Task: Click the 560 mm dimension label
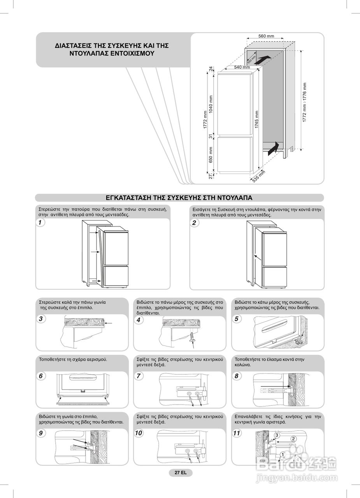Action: (x=266, y=36)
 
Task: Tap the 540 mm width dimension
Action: (x=242, y=67)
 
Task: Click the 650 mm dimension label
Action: (x=211, y=155)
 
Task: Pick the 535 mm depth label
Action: (x=258, y=176)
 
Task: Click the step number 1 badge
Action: (x=40, y=223)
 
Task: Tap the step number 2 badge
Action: (x=194, y=223)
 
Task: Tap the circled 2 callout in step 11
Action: (x=294, y=439)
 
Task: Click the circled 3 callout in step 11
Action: (x=277, y=435)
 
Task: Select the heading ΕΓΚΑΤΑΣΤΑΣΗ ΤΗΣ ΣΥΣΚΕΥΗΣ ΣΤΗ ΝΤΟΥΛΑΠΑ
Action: (x=179, y=198)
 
